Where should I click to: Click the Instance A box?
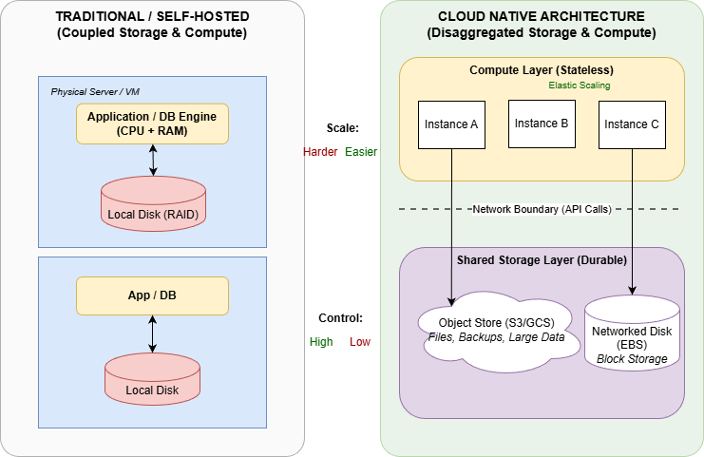point(452,124)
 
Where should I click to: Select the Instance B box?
point(542,124)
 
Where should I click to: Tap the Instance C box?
point(632,124)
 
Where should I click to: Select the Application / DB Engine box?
point(153,124)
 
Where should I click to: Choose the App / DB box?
point(153,295)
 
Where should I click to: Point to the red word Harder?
point(320,152)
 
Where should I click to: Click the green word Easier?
point(362,152)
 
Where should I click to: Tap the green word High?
point(321,342)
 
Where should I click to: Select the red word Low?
point(360,342)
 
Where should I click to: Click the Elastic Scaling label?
point(580,86)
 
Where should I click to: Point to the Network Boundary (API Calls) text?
point(542,209)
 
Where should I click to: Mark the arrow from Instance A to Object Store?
point(452,228)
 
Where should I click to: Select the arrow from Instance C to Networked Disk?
point(632,228)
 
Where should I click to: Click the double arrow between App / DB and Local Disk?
point(153,333)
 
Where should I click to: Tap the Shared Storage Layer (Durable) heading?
point(542,260)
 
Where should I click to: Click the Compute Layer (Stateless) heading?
point(542,70)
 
